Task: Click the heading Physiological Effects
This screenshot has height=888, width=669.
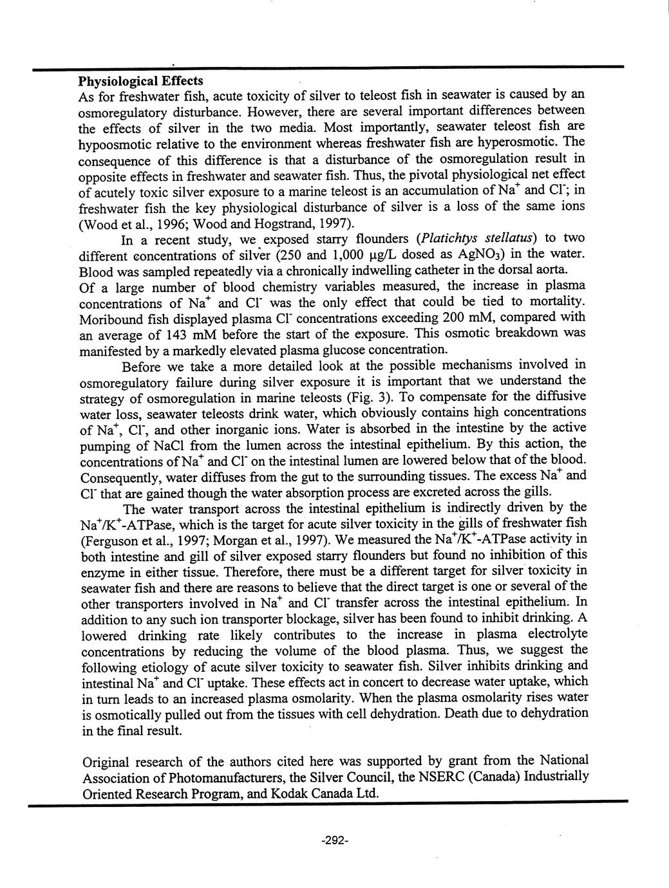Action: pos(140,80)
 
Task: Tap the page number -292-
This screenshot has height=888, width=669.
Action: pos(334,840)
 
